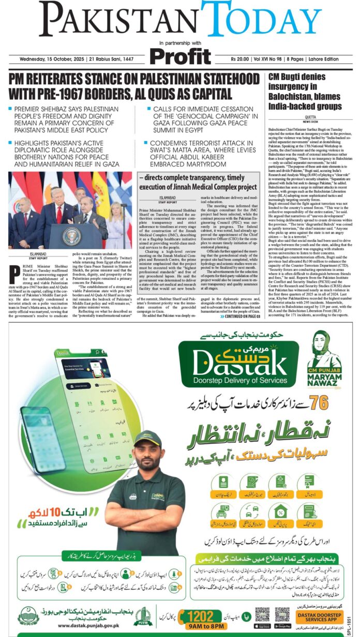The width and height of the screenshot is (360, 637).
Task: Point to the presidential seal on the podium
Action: point(71,236)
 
